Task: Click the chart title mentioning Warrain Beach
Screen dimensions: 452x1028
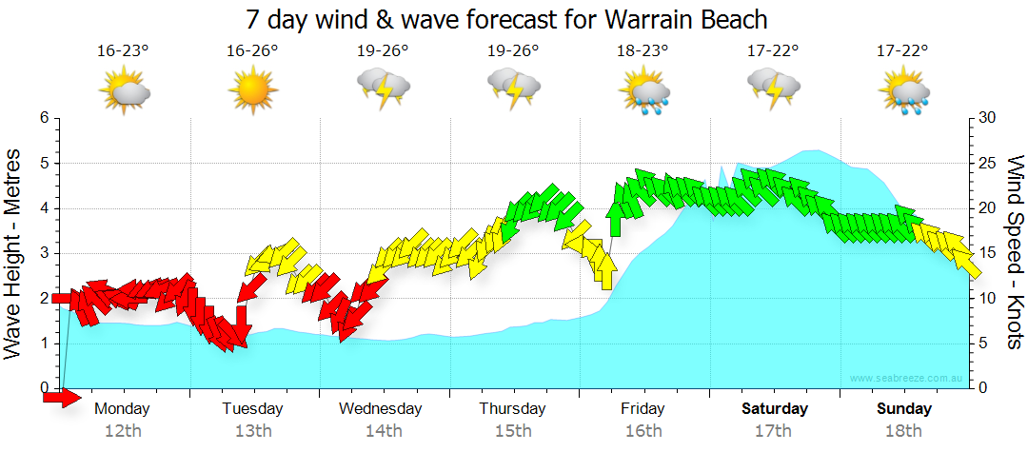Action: [506, 19]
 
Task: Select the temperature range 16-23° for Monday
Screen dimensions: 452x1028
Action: [123, 50]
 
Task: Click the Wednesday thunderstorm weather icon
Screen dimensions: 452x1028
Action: [383, 90]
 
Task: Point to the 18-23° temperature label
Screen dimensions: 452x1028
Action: [642, 50]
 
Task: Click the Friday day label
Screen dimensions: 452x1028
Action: [642, 409]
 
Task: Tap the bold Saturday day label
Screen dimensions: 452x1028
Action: [775, 409]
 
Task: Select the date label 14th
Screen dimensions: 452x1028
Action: [383, 431]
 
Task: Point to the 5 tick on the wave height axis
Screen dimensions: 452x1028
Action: [44, 163]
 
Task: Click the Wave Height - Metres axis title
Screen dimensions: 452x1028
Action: [14, 252]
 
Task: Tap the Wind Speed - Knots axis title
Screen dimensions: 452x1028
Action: [1015, 252]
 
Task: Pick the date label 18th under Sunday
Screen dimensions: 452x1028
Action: [902, 431]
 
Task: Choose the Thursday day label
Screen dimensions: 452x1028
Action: [512, 409]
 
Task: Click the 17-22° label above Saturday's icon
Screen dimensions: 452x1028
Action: [772, 50]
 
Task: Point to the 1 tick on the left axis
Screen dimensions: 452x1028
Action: [44, 344]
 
